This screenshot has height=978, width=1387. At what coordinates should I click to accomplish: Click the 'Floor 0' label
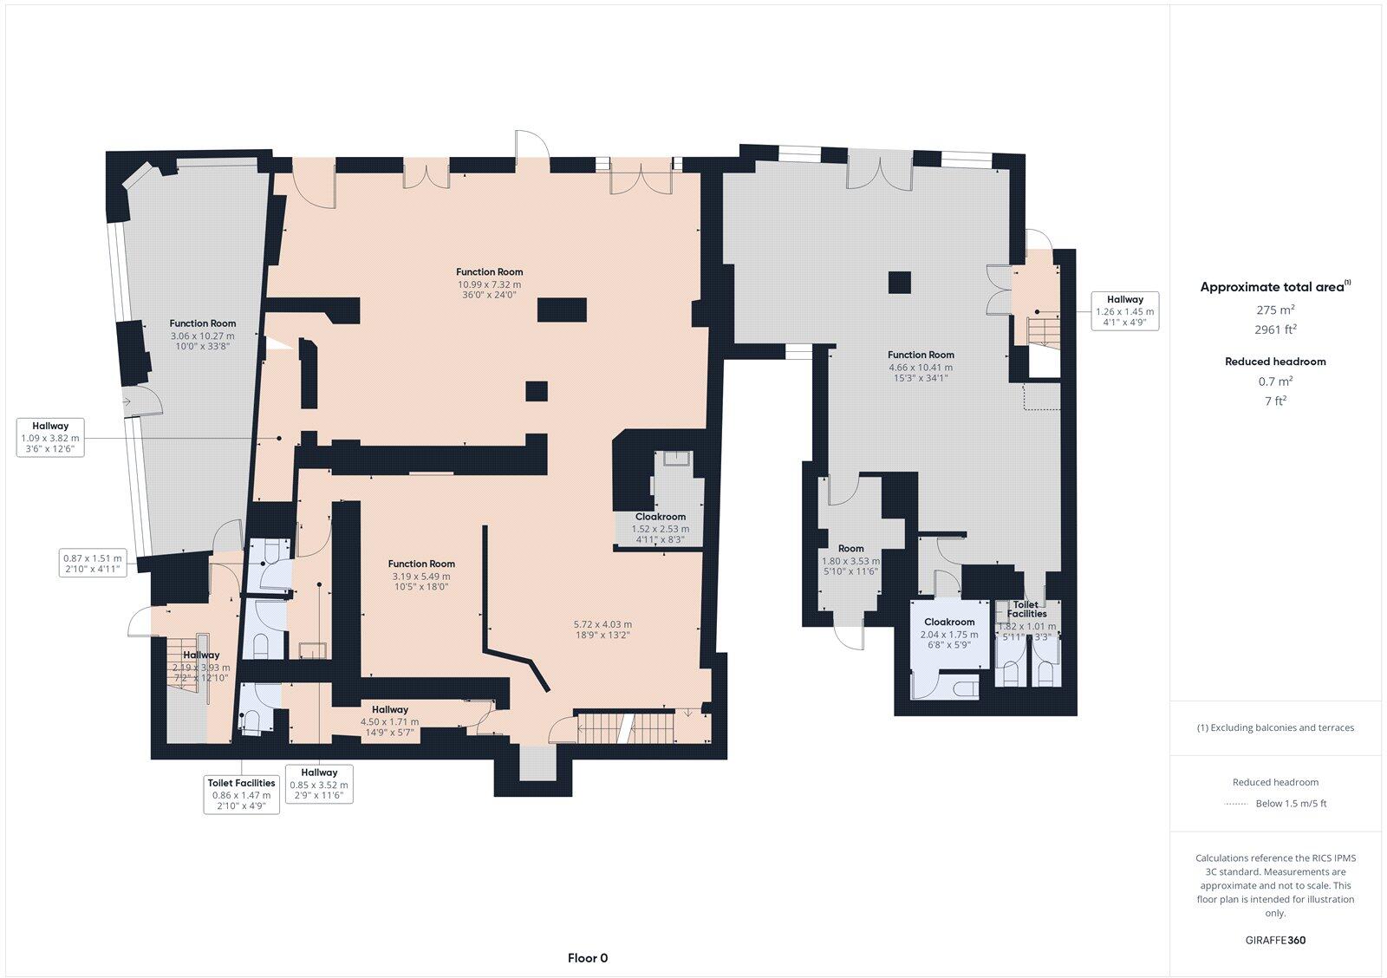click(x=587, y=958)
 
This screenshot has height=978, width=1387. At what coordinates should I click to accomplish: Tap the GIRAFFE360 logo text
click(x=1275, y=940)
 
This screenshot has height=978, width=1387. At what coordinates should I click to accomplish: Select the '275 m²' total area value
click(x=1275, y=310)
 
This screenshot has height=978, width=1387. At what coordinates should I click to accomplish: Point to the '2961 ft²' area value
click(x=1275, y=329)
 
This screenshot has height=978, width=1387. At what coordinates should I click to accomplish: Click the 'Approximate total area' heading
click(x=1272, y=287)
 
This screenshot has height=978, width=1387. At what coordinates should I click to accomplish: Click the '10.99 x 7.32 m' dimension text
click(x=490, y=284)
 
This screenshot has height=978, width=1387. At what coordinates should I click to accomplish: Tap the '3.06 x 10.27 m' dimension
click(x=203, y=336)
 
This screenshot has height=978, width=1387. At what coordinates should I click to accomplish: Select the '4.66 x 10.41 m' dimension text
click(x=921, y=367)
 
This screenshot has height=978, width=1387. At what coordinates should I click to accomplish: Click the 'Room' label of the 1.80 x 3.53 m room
click(x=850, y=548)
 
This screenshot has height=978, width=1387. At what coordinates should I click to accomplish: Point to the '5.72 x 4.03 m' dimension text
click(x=602, y=624)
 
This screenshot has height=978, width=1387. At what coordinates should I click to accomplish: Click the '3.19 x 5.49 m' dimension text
click(x=421, y=576)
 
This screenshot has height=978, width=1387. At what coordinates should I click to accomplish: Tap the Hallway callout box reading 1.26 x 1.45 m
click(x=1124, y=311)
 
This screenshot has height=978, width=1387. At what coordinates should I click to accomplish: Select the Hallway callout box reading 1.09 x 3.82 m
click(x=50, y=438)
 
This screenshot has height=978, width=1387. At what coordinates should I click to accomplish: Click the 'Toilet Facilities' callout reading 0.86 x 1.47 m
click(x=241, y=794)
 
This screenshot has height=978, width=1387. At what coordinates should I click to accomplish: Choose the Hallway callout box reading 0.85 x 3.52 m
click(x=319, y=784)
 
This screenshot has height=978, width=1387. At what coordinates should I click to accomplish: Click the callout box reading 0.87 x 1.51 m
click(x=93, y=564)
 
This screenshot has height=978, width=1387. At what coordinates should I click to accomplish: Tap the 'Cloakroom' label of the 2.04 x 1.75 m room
click(x=949, y=622)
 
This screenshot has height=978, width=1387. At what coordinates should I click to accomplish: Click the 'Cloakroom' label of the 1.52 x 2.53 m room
click(x=660, y=517)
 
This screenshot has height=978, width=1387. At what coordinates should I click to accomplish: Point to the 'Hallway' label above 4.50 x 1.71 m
click(x=389, y=709)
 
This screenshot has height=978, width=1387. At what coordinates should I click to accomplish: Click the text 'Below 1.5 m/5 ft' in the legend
click(x=1291, y=804)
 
